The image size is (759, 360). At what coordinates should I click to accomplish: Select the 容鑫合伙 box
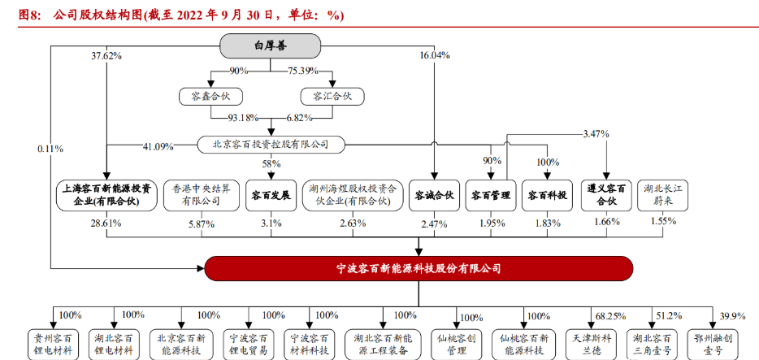(210, 97)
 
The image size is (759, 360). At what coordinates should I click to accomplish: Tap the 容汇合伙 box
(332, 97)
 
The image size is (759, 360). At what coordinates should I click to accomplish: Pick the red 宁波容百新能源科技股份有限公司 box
(419, 268)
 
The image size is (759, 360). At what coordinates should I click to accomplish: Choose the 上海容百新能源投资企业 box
(106, 194)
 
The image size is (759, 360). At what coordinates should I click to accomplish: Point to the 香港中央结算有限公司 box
(196, 194)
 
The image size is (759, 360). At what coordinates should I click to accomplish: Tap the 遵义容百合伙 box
(606, 194)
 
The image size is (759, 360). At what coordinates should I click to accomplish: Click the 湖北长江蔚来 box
(662, 194)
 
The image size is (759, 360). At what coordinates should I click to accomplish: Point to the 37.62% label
(106, 56)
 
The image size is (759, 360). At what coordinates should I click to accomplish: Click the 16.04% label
(435, 56)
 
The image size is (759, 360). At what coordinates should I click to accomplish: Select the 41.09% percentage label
(158, 146)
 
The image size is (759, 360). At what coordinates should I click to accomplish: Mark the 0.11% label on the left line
(50, 150)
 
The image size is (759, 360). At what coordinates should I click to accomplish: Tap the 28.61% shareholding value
(106, 222)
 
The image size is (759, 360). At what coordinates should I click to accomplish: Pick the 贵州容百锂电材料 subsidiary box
(54, 345)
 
